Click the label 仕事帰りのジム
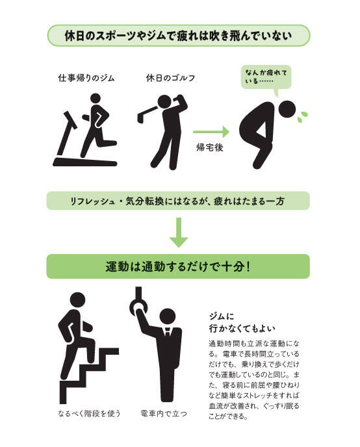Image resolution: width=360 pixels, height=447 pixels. (86, 77)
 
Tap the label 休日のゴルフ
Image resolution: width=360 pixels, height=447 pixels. (170, 77)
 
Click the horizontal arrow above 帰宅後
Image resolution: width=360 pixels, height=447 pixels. (211, 132)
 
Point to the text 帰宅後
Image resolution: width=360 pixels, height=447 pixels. (210, 147)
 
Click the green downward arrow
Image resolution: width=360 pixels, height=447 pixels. (179, 233)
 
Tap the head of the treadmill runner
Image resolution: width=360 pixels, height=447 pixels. (96, 98)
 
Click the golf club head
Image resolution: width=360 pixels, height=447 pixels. (140, 118)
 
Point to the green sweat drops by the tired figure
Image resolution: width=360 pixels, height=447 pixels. (302, 117)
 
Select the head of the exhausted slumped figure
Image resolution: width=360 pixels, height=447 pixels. (287, 110)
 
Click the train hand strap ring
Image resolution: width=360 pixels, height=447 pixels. (138, 307)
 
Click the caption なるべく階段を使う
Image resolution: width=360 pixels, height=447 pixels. (89, 413)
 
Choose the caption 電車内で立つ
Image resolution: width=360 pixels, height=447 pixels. (164, 413)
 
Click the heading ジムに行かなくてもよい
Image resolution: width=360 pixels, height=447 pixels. (242, 322)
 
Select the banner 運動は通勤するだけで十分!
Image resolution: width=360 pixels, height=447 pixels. (178, 266)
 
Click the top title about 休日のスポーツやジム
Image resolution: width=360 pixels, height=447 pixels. (179, 36)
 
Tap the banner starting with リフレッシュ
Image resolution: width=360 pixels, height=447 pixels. (178, 201)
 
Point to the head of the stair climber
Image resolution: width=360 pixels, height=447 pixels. (77, 300)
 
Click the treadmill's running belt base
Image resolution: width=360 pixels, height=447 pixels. (85, 162)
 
